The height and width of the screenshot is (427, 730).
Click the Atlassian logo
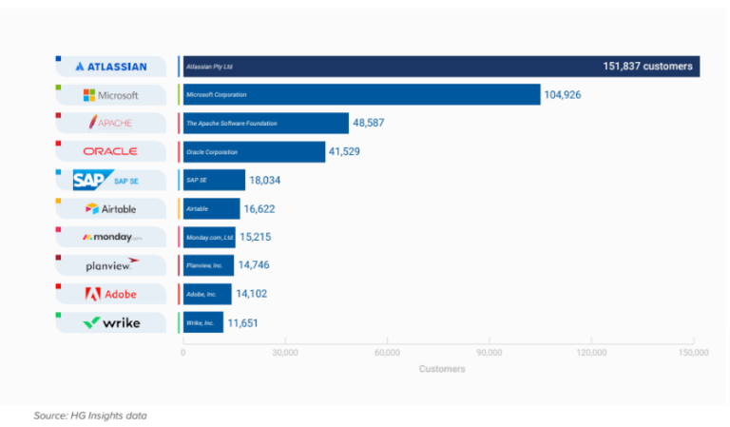pyautogui.click(x=111, y=67)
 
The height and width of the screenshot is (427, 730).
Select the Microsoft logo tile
pyautogui.click(x=111, y=95)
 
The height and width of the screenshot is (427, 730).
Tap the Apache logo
pyautogui.click(x=111, y=123)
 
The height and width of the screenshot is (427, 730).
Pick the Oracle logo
pyautogui.click(x=111, y=151)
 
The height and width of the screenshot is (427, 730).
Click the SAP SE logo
pyautogui.click(x=111, y=180)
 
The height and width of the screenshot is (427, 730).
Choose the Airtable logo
pyautogui.click(x=111, y=208)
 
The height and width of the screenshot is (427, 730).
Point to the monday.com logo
pyautogui.click(x=111, y=237)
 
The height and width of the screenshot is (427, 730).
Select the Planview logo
pyautogui.click(x=111, y=265)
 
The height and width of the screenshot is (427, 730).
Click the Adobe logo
pyautogui.click(x=111, y=294)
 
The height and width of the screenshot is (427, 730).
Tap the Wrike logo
pyautogui.click(x=111, y=322)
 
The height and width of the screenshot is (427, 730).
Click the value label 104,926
pyautogui.click(x=568, y=95)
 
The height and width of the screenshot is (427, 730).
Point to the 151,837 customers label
pyautogui.click(x=648, y=67)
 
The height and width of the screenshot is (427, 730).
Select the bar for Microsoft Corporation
pyautogui.click(x=361, y=95)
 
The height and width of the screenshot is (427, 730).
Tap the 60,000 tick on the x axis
pyautogui.click(x=388, y=353)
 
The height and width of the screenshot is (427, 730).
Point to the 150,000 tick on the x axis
pyautogui.click(x=693, y=353)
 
